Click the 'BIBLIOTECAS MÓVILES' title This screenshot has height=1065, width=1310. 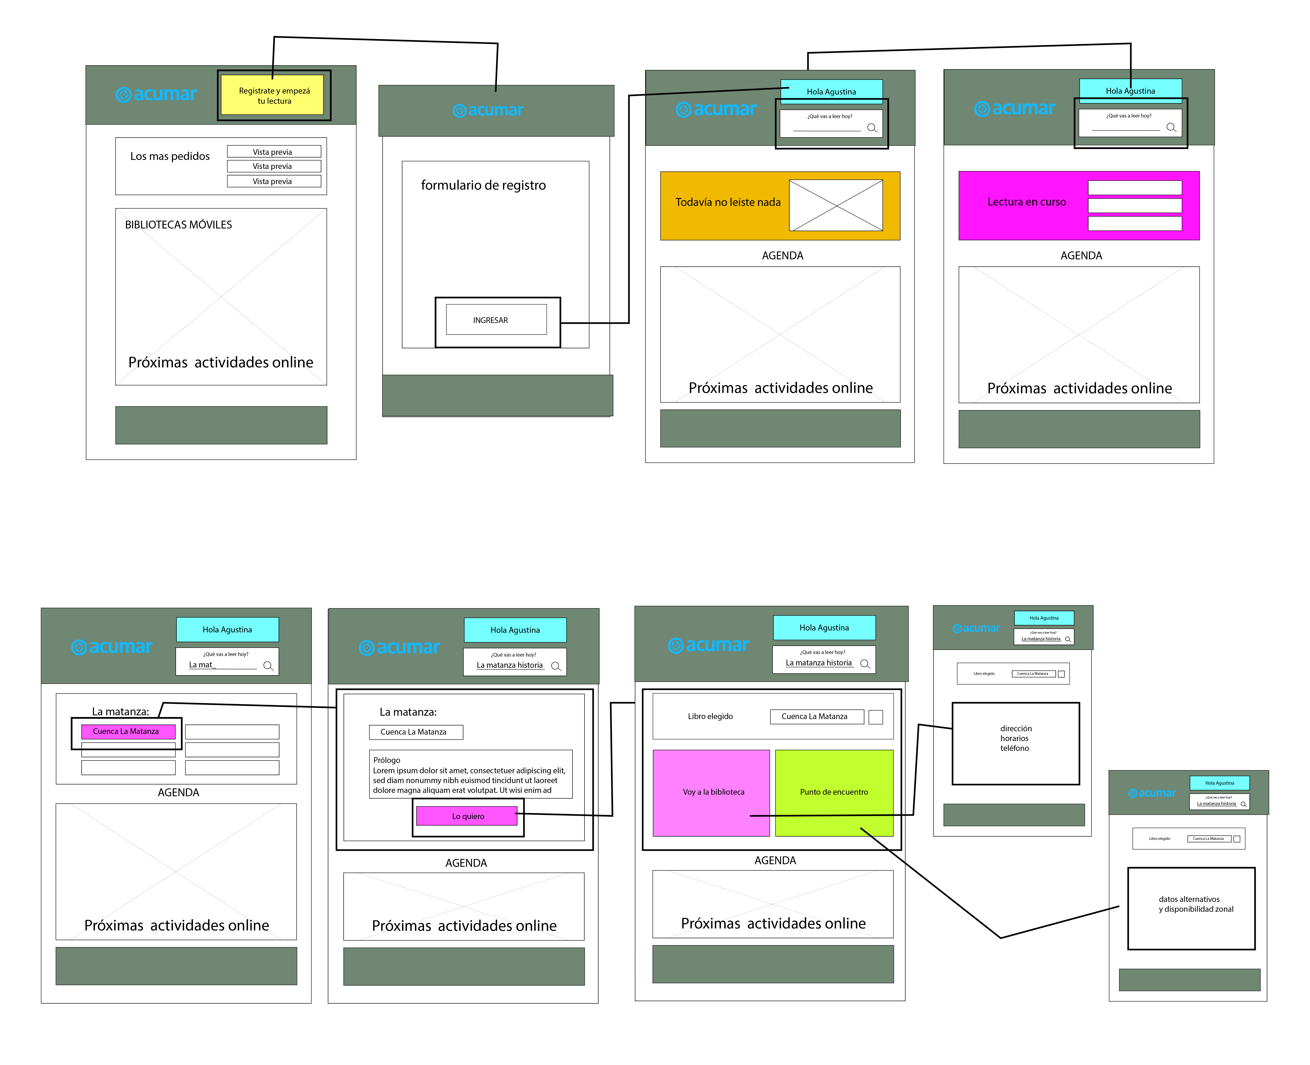(x=179, y=225)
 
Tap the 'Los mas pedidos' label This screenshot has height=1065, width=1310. (x=170, y=156)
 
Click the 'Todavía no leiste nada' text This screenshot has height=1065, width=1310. (x=728, y=202)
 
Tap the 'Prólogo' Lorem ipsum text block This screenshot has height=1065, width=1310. (x=470, y=775)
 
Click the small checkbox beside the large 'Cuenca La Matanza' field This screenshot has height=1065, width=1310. (x=876, y=716)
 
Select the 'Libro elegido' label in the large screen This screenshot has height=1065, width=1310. (x=710, y=716)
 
